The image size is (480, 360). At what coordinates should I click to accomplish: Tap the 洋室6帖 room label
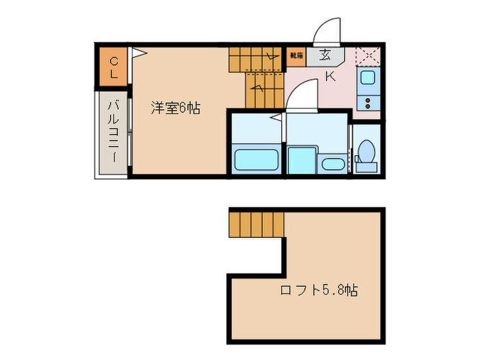click(176, 108)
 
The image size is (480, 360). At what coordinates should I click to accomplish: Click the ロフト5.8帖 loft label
click(319, 290)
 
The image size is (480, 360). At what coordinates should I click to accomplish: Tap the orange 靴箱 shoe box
click(296, 55)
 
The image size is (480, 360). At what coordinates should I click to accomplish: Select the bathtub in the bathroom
click(256, 160)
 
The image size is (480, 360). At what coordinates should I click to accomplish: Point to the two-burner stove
click(368, 103)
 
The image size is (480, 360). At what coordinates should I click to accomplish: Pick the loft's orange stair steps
click(256, 224)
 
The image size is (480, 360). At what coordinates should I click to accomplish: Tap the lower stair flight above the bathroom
click(265, 91)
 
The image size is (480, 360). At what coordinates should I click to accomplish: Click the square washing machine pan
click(300, 160)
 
